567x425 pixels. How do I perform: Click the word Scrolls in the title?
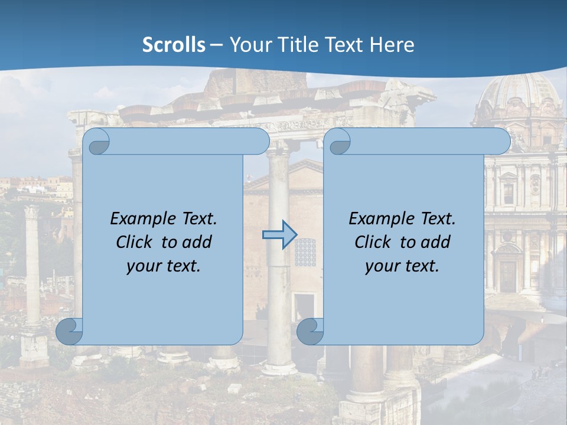coord(174,45)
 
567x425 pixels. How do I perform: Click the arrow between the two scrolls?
coord(279,234)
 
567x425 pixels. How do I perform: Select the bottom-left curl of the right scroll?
coord(310,332)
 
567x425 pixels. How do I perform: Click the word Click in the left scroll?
coord(136,242)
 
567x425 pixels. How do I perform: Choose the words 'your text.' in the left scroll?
coord(164,266)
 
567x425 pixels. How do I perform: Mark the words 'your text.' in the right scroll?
coord(402,266)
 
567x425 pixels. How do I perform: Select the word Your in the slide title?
coord(247,45)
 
